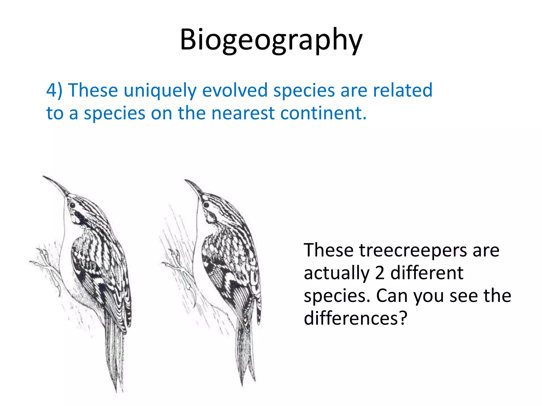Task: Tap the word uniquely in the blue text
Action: pyautogui.click(x=160, y=91)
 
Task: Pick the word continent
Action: pyautogui.click(x=323, y=113)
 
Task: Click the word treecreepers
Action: pyautogui.click(x=413, y=251)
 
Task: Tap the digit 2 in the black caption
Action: pyautogui.click(x=380, y=273)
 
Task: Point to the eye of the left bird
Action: pyautogui.click(x=72, y=205)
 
